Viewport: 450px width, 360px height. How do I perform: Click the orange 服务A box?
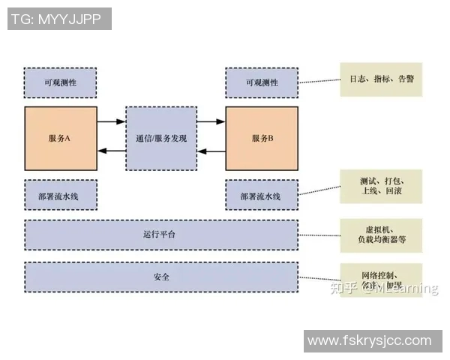point(60,139)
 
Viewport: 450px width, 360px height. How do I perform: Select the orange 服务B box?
point(262,139)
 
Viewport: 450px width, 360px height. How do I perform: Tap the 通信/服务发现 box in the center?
point(161,139)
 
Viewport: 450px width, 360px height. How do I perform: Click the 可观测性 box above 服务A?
point(60,82)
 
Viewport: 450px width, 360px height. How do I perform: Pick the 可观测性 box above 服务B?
point(262,82)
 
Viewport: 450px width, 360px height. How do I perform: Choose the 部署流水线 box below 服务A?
point(60,195)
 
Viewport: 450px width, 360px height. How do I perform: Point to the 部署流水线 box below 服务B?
point(262,195)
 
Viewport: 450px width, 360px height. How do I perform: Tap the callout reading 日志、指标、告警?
point(380,79)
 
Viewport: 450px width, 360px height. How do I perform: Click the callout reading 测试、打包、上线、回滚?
point(380,186)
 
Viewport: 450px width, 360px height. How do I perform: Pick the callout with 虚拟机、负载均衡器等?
point(380,235)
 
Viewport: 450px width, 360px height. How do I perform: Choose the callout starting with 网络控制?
point(380,275)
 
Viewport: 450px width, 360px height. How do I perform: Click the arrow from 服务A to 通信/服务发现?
point(111,121)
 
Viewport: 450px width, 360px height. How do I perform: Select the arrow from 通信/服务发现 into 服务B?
point(211,121)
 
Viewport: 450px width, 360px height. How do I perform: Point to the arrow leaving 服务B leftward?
point(211,151)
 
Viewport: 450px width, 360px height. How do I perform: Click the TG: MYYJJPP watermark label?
point(59,19)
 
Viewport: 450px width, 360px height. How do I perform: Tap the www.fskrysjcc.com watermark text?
point(369,340)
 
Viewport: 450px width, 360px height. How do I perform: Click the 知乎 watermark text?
point(343,288)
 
